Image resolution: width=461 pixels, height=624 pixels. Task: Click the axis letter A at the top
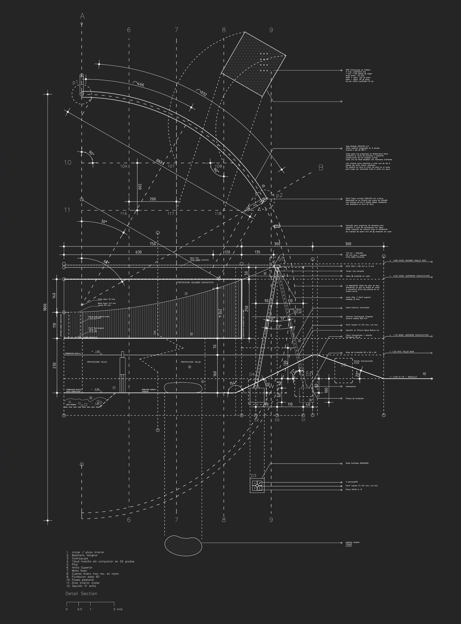(x=82, y=16)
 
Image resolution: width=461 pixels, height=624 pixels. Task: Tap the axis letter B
(x=321, y=168)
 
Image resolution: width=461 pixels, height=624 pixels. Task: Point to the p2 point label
(x=279, y=195)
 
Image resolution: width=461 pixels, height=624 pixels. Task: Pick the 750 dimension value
(x=153, y=244)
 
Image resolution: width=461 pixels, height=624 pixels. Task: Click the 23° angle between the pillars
(x=279, y=326)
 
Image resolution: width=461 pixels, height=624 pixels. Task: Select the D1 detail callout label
(x=281, y=260)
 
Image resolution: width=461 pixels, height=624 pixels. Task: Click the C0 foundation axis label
(x=277, y=420)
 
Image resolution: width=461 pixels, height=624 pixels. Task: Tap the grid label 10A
(x=124, y=166)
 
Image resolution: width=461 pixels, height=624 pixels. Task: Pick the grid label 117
(x=171, y=214)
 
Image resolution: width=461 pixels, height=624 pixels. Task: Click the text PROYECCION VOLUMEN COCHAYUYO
(x=195, y=283)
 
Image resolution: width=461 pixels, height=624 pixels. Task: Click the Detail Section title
(x=81, y=593)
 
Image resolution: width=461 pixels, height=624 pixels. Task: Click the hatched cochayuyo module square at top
(x=253, y=64)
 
